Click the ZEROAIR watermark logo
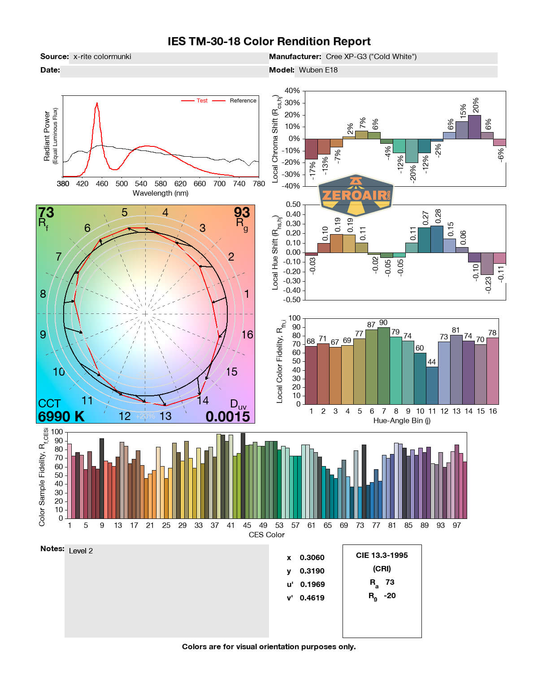356,195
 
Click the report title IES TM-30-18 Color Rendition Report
269,42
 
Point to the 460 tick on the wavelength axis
102,184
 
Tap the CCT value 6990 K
61,416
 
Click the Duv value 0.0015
228,416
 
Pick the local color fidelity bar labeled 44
432,385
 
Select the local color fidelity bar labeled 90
384,366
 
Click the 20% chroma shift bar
474,127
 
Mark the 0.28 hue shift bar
437,239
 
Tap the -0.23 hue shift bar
487,264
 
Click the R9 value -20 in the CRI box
390,595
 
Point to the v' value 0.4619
312,598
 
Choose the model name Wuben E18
318,70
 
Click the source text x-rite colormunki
102,56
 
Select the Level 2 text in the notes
81,551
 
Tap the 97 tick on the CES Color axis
456,525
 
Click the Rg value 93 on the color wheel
242,212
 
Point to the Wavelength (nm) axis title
161,193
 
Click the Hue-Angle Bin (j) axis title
402,420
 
